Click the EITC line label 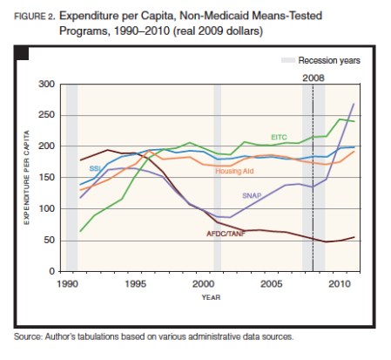point(279,137)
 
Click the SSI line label point(93,168)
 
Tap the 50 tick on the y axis point(48,241)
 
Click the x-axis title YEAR point(202,296)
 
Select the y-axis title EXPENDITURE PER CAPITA point(26,178)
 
